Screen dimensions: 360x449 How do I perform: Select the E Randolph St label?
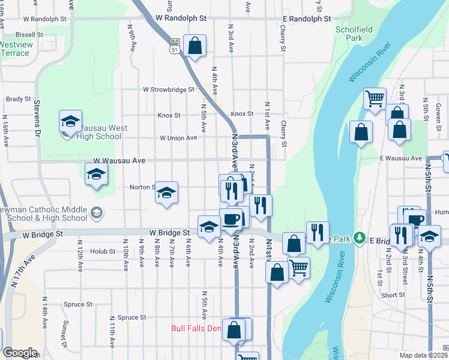[x=307, y=19]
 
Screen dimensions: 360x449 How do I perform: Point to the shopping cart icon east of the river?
[x=375, y=98]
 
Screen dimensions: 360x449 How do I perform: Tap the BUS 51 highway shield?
[x=175, y=46]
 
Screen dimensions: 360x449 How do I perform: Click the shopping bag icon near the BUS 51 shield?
[x=194, y=46]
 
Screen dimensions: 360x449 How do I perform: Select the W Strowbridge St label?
[x=169, y=89]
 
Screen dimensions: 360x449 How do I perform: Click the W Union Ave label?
[x=178, y=138]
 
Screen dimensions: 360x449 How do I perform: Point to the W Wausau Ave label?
[x=119, y=161]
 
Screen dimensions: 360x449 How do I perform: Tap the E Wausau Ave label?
[x=400, y=158]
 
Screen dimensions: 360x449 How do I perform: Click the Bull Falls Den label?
[x=196, y=328]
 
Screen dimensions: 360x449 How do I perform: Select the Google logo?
[x=19, y=353]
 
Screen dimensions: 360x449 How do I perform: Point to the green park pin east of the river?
[x=360, y=239]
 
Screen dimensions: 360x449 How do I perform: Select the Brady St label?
[x=18, y=99]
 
